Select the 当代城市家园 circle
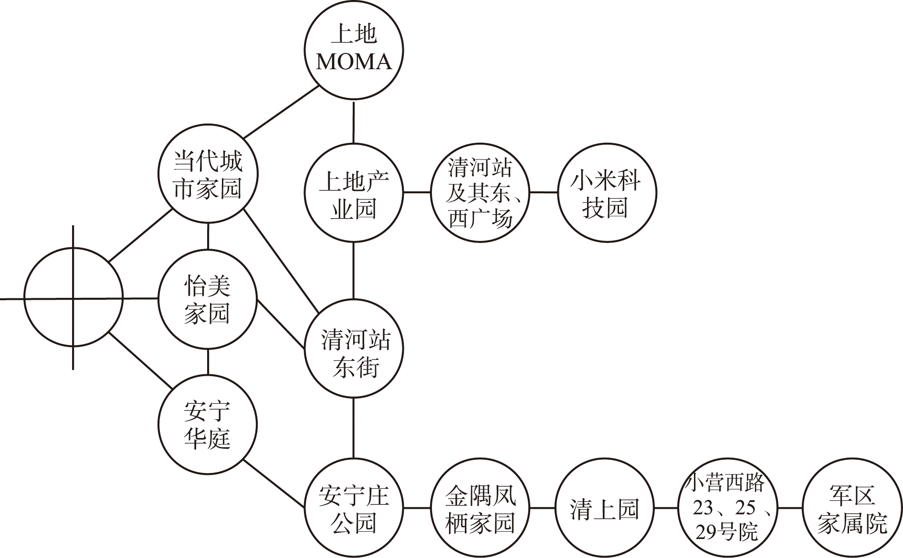[x=208, y=174]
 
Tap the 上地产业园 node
[x=354, y=193]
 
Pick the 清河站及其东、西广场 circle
[x=480, y=193]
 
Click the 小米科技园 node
[x=606, y=193]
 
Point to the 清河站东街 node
[x=354, y=348]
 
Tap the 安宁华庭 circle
[x=208, y=425]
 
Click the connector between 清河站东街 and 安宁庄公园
[x=354, y=428]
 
